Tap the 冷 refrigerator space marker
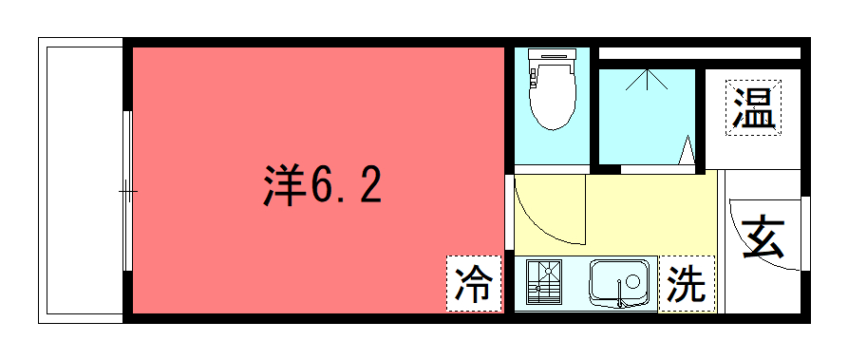click(474, 284)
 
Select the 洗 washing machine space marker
click(687, 284)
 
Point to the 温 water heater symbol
click(753, 107)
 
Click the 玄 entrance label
click(763, 237)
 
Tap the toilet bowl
click(552, 98)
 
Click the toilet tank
click(552, 56)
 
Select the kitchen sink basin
click(619, 280)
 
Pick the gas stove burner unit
click(544, 282)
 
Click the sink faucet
click(620, 294)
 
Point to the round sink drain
click(632, 280)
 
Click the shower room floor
click(647, 117)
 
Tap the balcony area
click(85, 180)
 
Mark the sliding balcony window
click(127, 191)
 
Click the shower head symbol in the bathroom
click(647, 79)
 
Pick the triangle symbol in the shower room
click(687, 149)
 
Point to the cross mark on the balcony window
click(128, 192)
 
